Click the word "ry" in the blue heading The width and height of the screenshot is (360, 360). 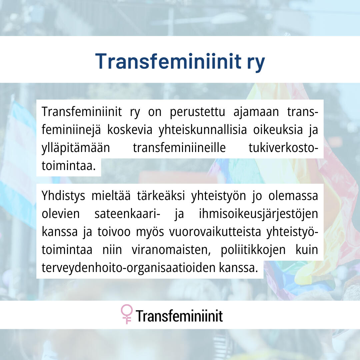click(x=256, y=63)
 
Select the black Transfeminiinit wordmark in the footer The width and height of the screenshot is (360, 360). click(x=179, y=316)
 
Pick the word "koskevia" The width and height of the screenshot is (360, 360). click(x=130, y=130)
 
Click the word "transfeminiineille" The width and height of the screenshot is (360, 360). click(x=179, y=148)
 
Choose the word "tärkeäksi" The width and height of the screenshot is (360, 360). click(x=161, y=196)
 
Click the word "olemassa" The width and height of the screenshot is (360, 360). click(x=293, y=196)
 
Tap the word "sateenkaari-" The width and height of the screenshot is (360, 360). click(x=127, y=214)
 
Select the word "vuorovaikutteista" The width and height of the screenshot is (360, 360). click(x=215, y=232)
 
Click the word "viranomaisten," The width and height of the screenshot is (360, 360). click(x=171, y=250)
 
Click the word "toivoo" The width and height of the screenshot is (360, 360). click(x=114, y=232)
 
